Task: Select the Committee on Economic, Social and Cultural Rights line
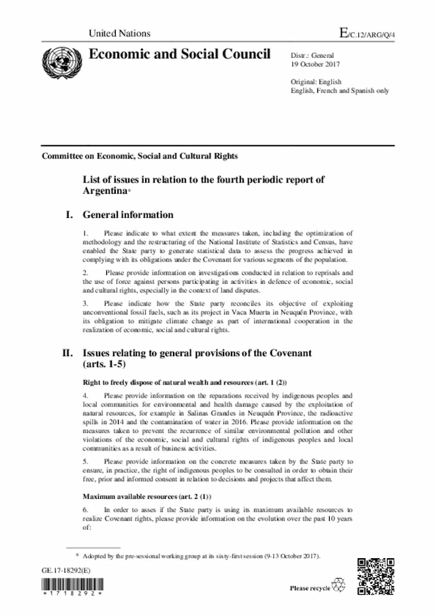[x=140, y=156]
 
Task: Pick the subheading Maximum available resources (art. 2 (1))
[x=146, y=496]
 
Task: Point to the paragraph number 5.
[x=84, y=461]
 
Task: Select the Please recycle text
[x=309, y=587]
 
